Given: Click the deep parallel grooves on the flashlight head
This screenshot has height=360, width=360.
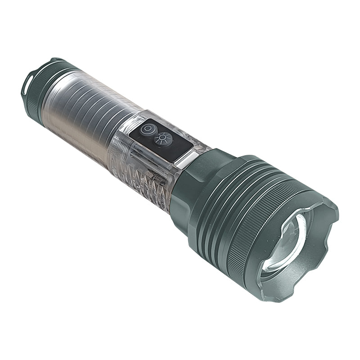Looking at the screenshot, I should (225, 202).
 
